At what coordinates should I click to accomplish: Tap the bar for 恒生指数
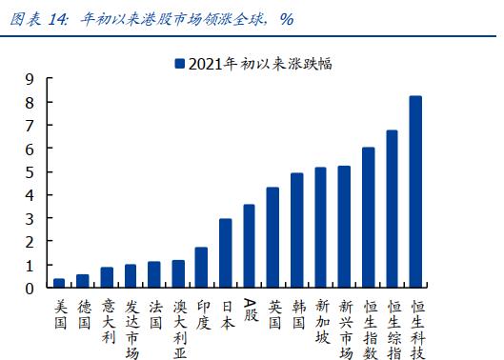[368, 218]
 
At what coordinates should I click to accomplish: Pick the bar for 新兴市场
[344, 228]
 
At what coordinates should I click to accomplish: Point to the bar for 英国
[272, 238]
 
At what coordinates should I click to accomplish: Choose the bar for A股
[249, 247]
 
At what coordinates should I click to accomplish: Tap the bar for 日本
[225, 253]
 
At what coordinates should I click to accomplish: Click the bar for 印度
[201, 268]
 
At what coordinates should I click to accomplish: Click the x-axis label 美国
[59, 315]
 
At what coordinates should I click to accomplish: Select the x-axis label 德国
[83, 315]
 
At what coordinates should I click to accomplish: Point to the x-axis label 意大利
[107, 323]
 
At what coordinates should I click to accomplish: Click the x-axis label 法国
[154, 315]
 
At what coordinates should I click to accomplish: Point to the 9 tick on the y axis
[30, 79]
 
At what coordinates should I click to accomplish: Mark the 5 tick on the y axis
[30, 171]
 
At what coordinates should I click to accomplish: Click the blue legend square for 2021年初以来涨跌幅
[178, 64]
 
